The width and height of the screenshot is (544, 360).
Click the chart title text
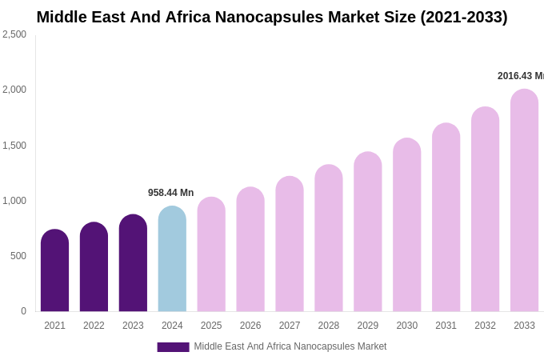coord(272,17)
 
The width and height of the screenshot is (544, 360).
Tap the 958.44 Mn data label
coord(170,193)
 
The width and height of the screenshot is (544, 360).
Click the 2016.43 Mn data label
coord(521,76)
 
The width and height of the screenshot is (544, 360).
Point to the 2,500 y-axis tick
coord(14,34)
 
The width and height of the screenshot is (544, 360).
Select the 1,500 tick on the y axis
coord(14,146)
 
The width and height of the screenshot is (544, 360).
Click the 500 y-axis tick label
coord(18,256)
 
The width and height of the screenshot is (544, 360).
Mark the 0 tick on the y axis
coord(23,311)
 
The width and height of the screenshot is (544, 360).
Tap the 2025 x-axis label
coord(211,326)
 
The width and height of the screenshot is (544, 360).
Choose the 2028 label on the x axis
coord(329,326)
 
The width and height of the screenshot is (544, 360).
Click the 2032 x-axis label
coord(485,326)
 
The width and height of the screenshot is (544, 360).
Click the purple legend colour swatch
coord(173,347)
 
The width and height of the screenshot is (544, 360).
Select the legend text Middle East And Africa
coord(290,346)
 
